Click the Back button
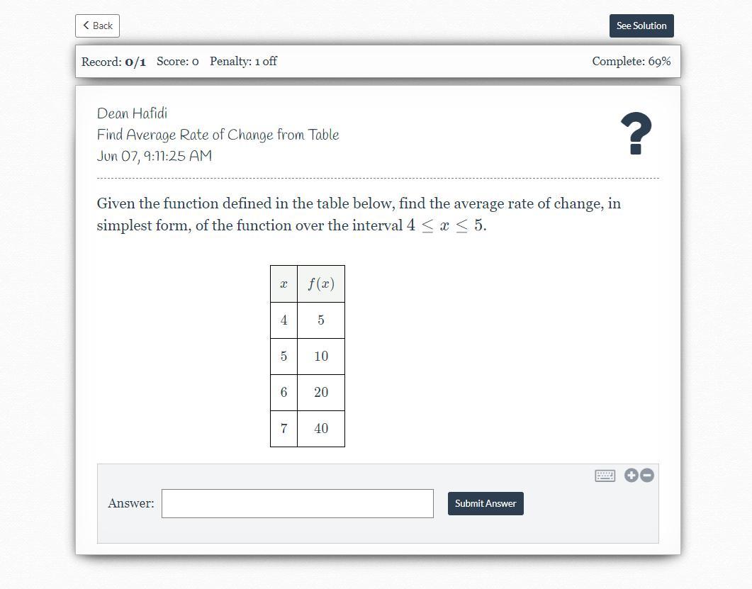[97, 26]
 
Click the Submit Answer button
[486, 504]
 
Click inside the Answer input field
[298, 504]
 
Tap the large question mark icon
[636, 133]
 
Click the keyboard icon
[605, 476]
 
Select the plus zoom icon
[631, 476]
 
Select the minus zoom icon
[647, 476]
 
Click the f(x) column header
[321, 284]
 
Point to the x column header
[284, 284]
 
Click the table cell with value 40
[321, 428]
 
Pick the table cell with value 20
[321, 393]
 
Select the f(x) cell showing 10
[321, 357]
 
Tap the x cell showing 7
[284, 428]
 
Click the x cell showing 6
[284, 393]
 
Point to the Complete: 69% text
[631, 62]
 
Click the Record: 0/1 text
[113, 62]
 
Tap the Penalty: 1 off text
[243, 62]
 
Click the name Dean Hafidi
[133, 113]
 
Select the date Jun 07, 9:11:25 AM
[155, 156]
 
